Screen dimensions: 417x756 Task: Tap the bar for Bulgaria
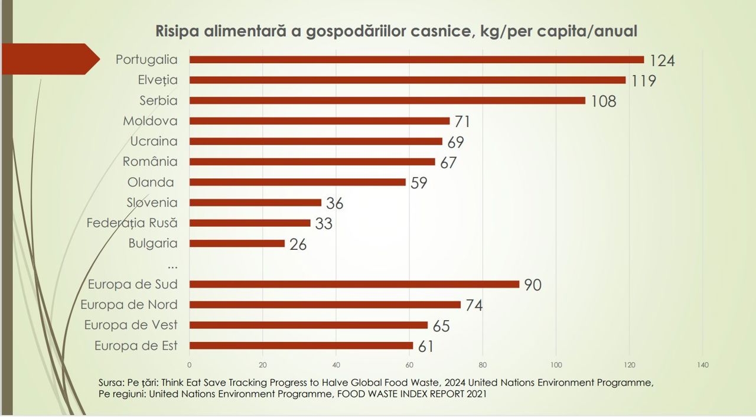[237, 243]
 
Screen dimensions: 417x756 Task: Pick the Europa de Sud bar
[354, 284]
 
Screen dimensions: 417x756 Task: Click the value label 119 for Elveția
[643, 80]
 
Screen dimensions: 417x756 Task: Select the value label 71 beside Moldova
[462, 122]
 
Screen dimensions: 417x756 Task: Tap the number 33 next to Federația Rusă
[324, 224]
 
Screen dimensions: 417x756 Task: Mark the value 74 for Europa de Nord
[474, 305]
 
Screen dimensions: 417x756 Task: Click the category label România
[150, 161]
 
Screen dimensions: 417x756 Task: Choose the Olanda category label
[151, 182]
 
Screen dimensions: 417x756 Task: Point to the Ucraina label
[154, 141]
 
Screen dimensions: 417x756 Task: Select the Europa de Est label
[136, 346]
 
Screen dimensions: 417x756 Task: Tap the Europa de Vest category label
[131, 325]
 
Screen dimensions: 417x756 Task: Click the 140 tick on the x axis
[702, 365]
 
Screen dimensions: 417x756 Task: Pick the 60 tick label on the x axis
[409, 365]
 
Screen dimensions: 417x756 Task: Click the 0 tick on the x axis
[190, 365]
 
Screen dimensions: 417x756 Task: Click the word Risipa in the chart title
[178, 31]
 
